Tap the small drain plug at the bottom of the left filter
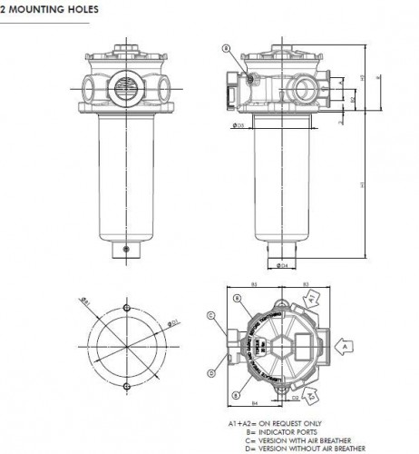point(126,249)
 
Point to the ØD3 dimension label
point(239,126)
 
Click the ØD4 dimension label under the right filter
point(284,266)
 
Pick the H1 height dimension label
point(363,185)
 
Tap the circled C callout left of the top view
point(210,316)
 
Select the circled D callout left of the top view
point(210,372)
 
